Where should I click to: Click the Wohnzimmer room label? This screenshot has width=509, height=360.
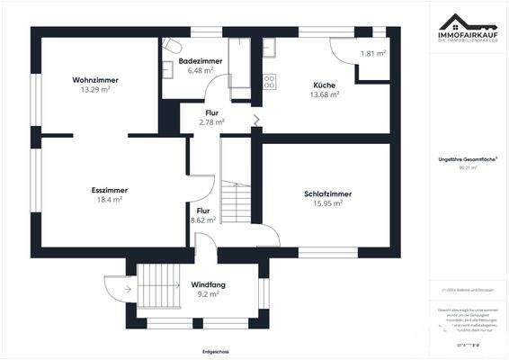click(x=94, y=80)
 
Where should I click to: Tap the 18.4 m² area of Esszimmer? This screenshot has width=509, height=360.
click(x=108, y=201)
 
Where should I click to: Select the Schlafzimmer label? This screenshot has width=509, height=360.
click(x=327, y=193)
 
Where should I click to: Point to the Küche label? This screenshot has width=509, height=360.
click(x=325, y=85)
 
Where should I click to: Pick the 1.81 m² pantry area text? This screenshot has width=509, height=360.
click(x=373, y=54)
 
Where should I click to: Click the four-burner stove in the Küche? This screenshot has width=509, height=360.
click(x=269, y=81)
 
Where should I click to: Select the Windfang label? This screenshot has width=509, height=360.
click(x=208, y=284)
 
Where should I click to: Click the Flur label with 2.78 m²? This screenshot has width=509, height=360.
click(x=210, y=112)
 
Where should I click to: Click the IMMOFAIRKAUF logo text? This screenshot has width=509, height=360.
click(x=468, y=37)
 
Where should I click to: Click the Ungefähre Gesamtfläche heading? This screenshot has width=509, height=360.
click(x=467, y=157)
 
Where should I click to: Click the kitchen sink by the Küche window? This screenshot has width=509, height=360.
click(x=269, y=47)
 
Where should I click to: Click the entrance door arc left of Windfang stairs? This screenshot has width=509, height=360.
click(x=114, y=290)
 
